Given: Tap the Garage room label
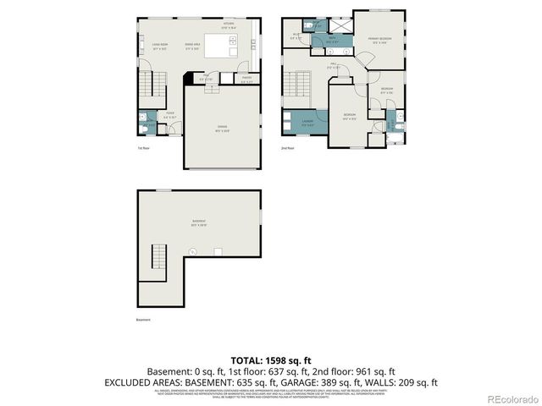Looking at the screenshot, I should click(x=223, y=129).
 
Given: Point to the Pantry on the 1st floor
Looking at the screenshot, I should click(x=246, y=81).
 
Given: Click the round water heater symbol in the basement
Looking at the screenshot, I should click(x=193, y=250).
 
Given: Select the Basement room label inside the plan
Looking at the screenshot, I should click(x=199, y=224).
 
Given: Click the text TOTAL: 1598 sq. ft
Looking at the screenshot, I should click(x=271, y=359).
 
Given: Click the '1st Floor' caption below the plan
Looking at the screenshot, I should click(x=143, y=148).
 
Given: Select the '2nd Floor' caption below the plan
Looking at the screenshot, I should click(x=289, y=148).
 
